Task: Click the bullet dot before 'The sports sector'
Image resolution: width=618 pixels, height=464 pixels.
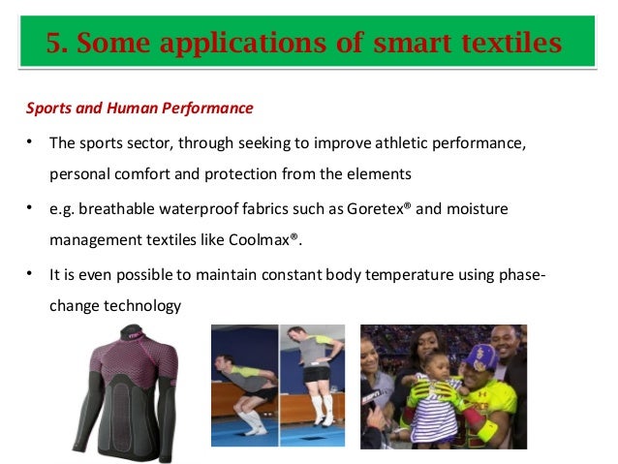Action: [x=31, y=143]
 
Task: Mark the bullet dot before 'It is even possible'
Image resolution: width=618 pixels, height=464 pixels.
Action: [x=31, y=274]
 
